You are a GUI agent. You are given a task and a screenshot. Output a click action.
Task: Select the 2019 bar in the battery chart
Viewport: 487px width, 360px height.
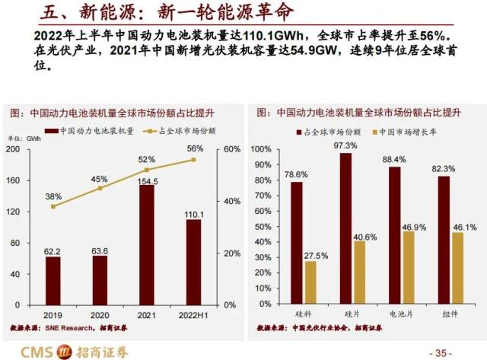[x=53, y=282]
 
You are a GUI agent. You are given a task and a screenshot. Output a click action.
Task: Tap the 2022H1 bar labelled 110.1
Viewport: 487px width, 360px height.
[x=194, y=263]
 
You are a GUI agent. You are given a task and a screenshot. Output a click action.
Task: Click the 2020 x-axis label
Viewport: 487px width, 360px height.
[x=100, y=314]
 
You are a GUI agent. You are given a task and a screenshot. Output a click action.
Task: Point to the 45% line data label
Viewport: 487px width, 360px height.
[x=100, y=179]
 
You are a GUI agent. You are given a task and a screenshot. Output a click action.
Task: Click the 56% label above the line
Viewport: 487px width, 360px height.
[x=195, y=148]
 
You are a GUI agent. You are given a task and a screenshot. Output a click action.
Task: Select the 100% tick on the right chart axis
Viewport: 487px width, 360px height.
[x=260, y=148]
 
